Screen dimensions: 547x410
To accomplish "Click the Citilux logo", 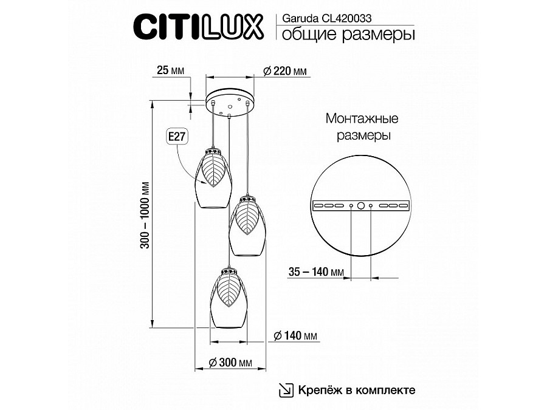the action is pos(198,26).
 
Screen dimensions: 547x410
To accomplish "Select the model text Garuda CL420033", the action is pos(326,18).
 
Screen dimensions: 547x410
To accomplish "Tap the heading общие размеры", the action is pos(348,35).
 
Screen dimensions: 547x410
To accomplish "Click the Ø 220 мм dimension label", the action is pos(285,71).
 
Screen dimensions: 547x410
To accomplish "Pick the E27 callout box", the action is pos(177,136).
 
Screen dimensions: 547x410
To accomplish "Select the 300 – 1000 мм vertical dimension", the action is pos(145,215).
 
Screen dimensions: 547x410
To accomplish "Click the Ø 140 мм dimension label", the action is pos(295,335).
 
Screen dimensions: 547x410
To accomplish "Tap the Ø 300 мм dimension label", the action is pos(230,363).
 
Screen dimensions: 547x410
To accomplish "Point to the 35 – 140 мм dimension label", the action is pos(316,272).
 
